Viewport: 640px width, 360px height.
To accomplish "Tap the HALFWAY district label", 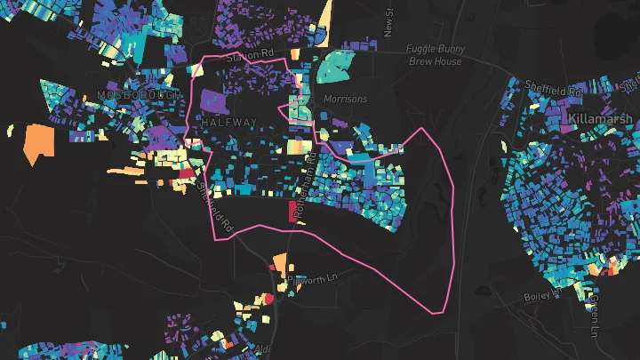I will tap(229, 122).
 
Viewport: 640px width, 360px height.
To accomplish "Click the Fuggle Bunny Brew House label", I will tap(434, 55).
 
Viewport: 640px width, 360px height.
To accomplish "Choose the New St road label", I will tap(388, 22).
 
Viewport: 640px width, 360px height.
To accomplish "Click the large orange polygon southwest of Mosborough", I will tap(39, 143).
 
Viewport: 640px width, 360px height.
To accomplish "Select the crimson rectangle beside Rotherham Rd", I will tap(293, 212).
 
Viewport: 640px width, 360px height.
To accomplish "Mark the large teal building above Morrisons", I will tap(334, 65).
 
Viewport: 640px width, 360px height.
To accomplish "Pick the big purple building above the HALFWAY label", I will tap(213, 100).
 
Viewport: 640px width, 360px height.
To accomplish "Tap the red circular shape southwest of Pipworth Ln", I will tap(268, 299).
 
